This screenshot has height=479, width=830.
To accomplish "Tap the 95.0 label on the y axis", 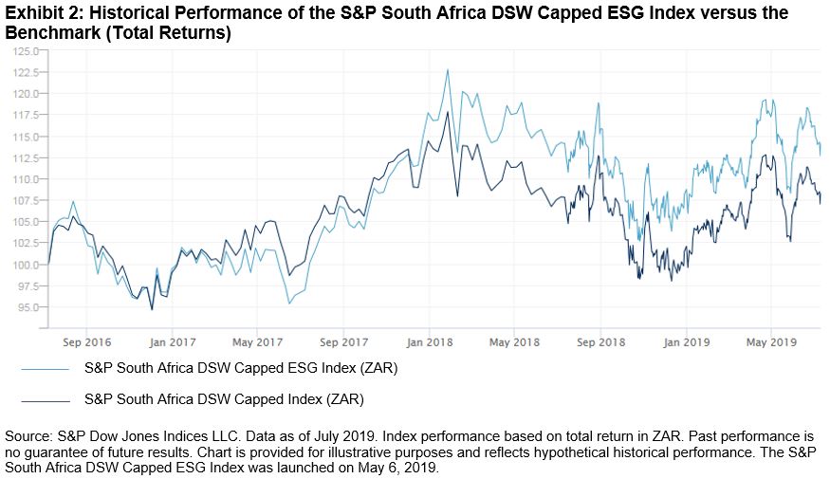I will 27,307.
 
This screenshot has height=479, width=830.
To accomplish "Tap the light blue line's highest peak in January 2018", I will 447,69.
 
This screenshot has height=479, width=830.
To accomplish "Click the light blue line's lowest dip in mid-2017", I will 288,304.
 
